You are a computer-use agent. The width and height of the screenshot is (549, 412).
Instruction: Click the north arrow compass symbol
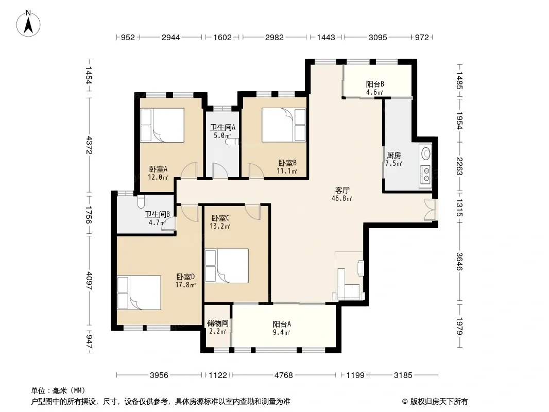(x=28, y=24)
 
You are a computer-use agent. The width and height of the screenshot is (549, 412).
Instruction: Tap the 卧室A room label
(x=158, y=169)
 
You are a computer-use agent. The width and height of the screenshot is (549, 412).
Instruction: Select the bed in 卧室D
(x=139, y=293)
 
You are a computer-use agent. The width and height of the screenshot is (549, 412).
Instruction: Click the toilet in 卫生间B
(x=141, y=201)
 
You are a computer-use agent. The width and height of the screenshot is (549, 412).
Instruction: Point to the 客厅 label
(x=342, y=191)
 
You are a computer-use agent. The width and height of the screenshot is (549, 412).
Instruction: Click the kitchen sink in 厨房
(x=426, y=153)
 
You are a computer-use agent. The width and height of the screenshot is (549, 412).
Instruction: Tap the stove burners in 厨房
(x=426, y=174)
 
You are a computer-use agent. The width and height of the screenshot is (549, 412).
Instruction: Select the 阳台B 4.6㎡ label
(x=375, y=88)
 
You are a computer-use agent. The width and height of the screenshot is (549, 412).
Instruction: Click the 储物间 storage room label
(x=217, y=323)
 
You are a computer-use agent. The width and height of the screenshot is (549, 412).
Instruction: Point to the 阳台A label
(x=282, y=324)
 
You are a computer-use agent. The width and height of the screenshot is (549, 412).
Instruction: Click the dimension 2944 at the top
(x=170, y=38)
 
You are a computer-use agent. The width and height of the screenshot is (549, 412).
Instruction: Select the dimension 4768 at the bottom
(x=284, y=375)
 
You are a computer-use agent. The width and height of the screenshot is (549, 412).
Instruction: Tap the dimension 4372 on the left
(x=89, y=145)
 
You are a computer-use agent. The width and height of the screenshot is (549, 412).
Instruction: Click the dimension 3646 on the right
(x=459, y=262)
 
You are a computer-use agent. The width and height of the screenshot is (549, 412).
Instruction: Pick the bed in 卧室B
(x=284, y=125)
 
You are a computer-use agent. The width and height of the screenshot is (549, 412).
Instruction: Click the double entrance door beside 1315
(x=431, y=210)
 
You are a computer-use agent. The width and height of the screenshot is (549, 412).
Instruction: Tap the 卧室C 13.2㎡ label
(x=220, y=222)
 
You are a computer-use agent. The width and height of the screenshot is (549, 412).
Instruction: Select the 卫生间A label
(x=222, y=127)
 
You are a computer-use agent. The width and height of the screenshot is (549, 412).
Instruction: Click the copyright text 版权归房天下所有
(x=439, y=402)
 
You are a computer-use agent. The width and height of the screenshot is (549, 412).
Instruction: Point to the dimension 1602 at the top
(x=222, y=38)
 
